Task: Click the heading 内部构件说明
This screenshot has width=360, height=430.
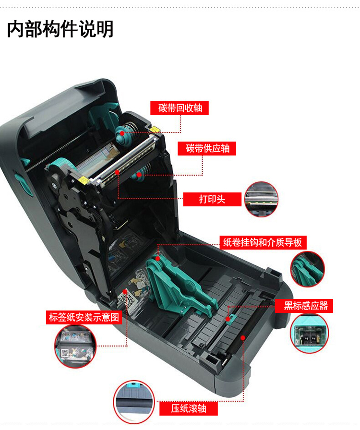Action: pyautogui.click(x=60, y=29)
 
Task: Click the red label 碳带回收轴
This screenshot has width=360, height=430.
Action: pyautogui.click(x=180, y=108)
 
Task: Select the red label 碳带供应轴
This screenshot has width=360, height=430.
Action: pyautogui.click(x=207, y=148)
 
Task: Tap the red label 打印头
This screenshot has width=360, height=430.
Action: pyautogui.click(x=212, y=199)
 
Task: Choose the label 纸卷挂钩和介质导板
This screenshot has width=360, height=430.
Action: pyautogui.click(x=263, y=242)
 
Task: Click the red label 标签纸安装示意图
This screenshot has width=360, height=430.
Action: pyautogui.click(x=84, y=317)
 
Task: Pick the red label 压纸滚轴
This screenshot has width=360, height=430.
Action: pyautogui.click(x=189, y=408)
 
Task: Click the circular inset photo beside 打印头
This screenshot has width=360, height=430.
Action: pyautogui.click(x=261, y=199)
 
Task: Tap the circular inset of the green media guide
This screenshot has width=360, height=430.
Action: pyautogui.click(x=307, y=269)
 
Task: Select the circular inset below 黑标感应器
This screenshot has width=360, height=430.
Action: pyautogui.click(x=309, y=334)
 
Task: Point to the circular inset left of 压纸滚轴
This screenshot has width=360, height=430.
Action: pyautogui.click(x=134, y=402)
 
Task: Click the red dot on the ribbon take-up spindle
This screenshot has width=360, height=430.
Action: pyautogui.click(x=122, y=133)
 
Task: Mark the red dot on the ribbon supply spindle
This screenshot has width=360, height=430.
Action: pyautogui.click(x=139, y=174)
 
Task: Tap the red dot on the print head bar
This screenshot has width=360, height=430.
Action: pyautogui.click(x=117, y=172)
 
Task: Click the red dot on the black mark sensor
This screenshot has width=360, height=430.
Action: pyautogui.click(x=228, y=319)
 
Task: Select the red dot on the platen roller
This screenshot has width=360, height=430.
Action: pyautogui.click(x=243, y=338)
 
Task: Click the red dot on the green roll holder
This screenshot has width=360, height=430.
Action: pyautogui.click(x=157, y=258)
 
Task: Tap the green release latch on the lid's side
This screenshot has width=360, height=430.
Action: pyautogui.click(x=23, y=183)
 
